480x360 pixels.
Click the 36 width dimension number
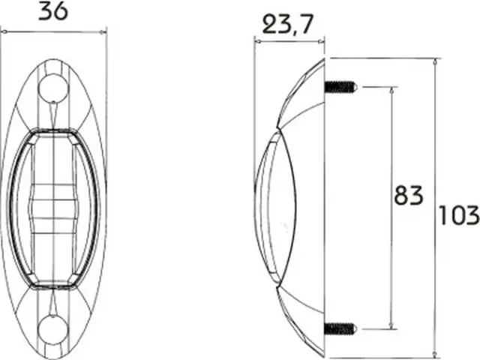[53, 12]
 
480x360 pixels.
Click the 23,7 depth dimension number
[288, 24]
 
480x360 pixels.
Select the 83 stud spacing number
[408, 195]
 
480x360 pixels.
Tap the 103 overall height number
[459, 215]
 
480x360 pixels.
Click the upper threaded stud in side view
[340, 87]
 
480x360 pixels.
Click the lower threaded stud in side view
[340, 328]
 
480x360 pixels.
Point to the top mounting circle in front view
[53, 88]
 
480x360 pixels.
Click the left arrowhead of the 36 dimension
[4, 31]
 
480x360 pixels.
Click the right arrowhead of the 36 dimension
[103, 31]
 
